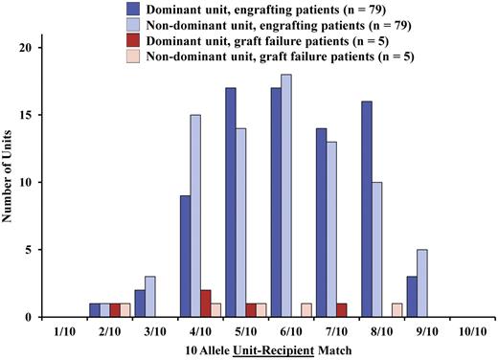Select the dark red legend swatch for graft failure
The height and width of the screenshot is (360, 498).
pyautogui.click(x=135, y=42)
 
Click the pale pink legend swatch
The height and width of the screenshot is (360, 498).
pyautogui.click(x=135, y=59)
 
